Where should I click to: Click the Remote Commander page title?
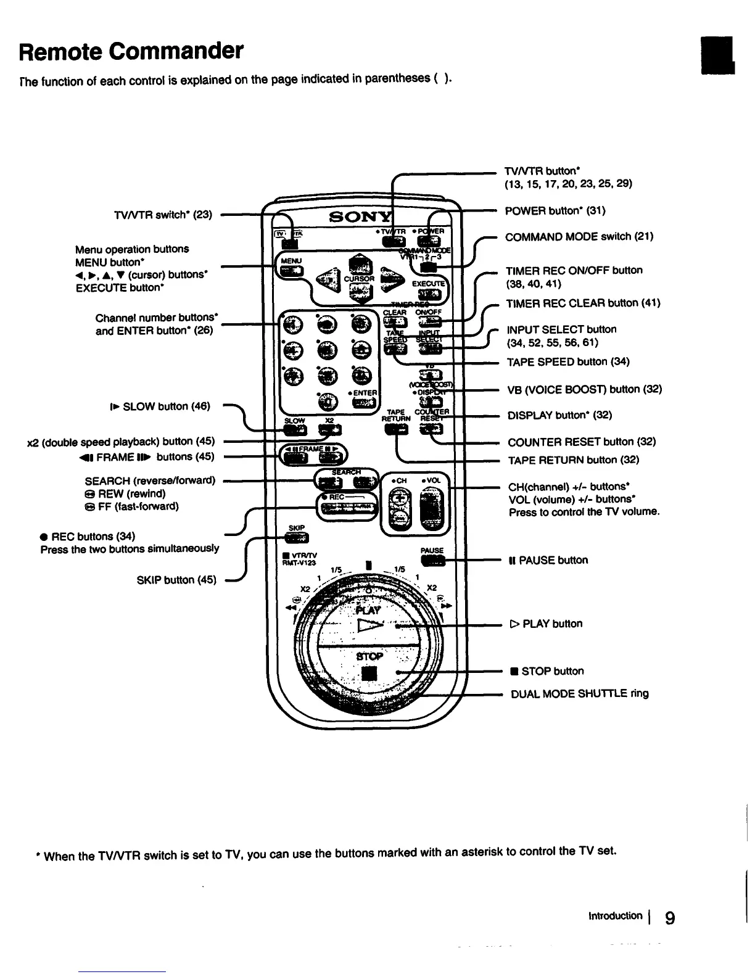coord(131,51)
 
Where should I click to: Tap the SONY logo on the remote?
coord(360,217)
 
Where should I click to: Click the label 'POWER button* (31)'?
coord(555,211)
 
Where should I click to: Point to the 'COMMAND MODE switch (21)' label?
coord(579,237)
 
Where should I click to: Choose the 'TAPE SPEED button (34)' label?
coord(567,362)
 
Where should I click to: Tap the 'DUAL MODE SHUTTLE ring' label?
coord(579,694)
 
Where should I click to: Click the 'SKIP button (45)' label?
coord(176,580)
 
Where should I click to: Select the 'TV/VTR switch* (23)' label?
coord(163,215)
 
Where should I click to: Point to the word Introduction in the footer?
coord(616,916)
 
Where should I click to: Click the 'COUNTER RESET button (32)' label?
coord(581,442)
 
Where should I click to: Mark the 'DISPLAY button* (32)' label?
coord(559,415)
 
